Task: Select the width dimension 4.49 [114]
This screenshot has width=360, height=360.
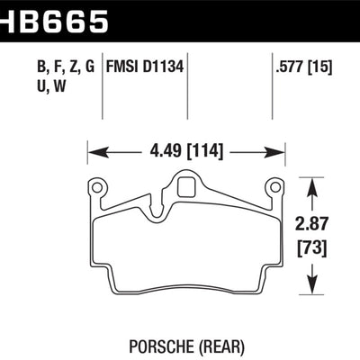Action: coord(182,149)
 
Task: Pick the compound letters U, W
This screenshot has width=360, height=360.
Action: coord(31,88)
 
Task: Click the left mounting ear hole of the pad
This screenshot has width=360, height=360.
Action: coord(96,186)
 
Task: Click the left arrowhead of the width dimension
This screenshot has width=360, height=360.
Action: coord(92,149)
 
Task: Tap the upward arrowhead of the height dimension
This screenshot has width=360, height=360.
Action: coord(311,183)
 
